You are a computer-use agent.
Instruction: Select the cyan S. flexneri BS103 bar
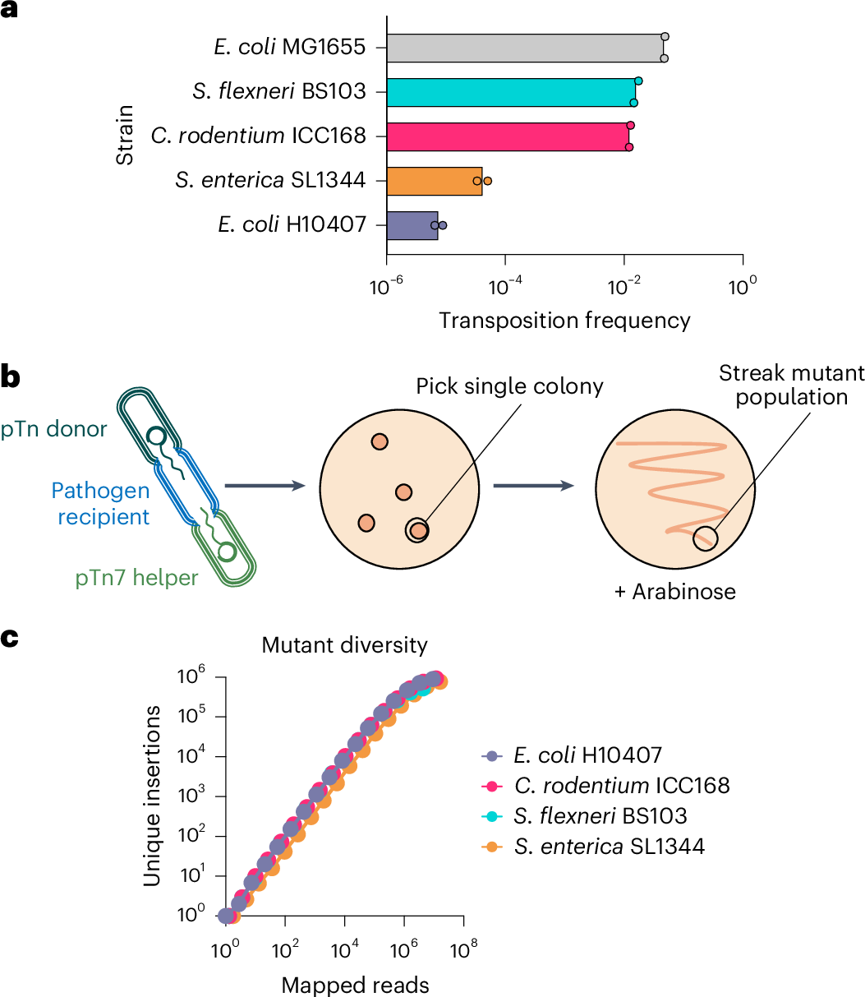[x=511, y=91]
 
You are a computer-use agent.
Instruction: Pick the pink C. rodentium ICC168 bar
[x=508, y=136]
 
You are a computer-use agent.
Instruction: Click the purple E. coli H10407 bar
[x=412, y=225]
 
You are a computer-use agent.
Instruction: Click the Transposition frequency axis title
[x=564, y=320]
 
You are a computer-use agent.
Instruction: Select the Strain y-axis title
[x=125, y=136]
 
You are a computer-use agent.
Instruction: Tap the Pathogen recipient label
[x=100, y=504]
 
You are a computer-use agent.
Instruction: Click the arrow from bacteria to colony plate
[x=260, y=485]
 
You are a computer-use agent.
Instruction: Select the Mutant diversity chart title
[x=345, y=644]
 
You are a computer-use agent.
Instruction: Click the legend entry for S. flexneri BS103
[x=596, y=815]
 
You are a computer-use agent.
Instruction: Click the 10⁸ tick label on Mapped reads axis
[x=464, y=952]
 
